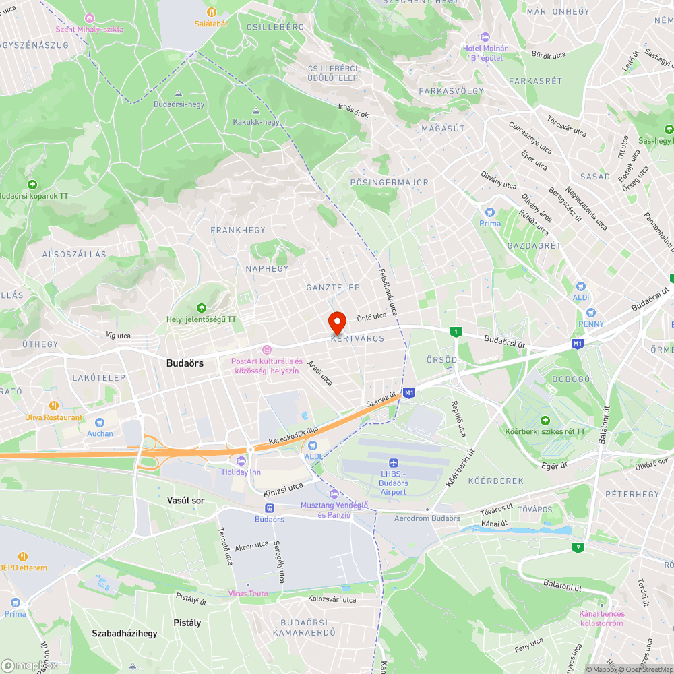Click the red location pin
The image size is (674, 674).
tap(337, 321)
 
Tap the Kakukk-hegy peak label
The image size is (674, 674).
tap(255, 122)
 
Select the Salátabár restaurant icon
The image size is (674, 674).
tap(211, 11)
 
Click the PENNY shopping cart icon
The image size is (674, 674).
tap(590, 313)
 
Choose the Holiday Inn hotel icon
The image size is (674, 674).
tap(241, 460)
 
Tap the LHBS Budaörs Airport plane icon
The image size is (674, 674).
tap(393, 462)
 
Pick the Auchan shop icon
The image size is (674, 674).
tap(100, 422)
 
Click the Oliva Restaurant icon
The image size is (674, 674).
tap(53, 406)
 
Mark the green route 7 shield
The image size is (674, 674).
tap(577, 547)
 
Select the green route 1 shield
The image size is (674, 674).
tap(456, 332)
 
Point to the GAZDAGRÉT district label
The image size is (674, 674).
tap(534, 246)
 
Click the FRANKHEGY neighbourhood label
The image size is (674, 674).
tap(238, 231)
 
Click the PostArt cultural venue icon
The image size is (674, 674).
tap(267, 349)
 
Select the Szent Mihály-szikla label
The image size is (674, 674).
tap(90, 29)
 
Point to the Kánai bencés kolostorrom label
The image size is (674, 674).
tap(601, 618)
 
